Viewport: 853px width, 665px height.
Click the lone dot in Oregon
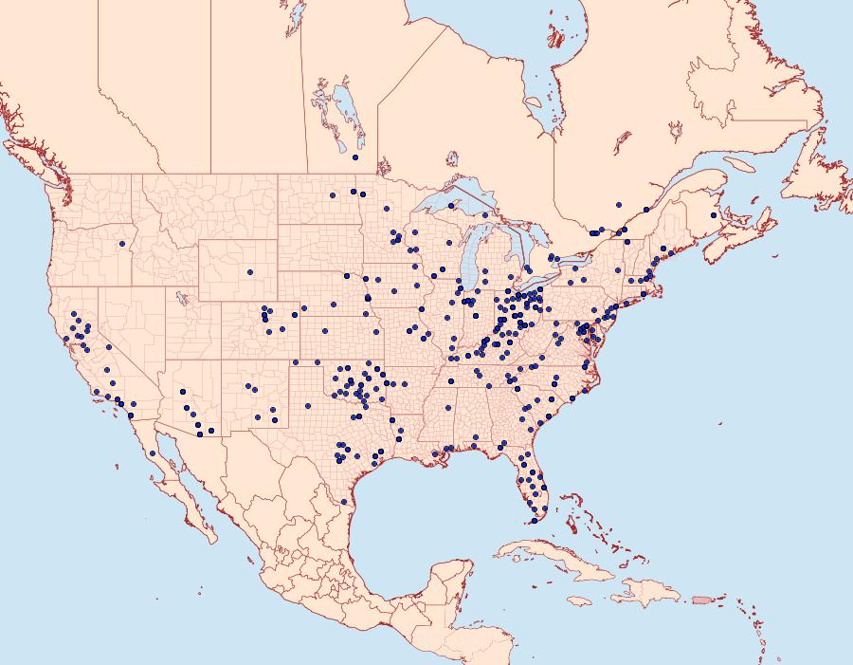tap(122, 244)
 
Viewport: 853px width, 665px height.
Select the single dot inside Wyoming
tap(250, 272)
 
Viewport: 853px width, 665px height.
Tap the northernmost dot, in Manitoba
tap(354, 157)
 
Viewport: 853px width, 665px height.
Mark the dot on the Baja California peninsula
tap(153, 453)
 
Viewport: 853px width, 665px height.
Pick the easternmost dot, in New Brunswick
tap(714, 216)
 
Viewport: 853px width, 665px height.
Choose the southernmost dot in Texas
tap(343, 501)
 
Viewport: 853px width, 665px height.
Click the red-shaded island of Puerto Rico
tap(702, 600)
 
